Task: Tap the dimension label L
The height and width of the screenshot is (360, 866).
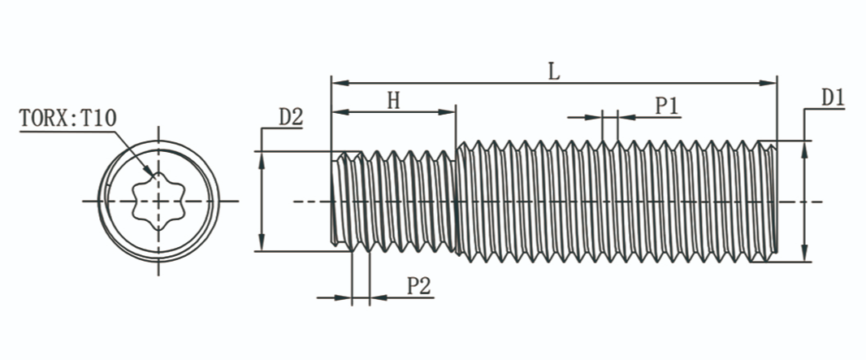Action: tap(553, 72)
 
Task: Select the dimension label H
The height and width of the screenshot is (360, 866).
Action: tap(393, 100)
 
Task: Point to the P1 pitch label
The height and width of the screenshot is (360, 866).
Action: tap(668, 106)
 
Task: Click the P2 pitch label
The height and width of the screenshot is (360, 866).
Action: tap(418, 286)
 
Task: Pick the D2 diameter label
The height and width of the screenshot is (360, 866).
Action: tap(291, 117)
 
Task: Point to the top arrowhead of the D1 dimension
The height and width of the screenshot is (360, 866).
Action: tap(804, 148)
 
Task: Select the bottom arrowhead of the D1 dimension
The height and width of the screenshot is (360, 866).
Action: tap(804, 254)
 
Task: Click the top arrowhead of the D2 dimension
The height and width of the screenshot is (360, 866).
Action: tap(262, 158)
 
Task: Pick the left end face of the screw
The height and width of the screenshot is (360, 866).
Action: tap(333, 201)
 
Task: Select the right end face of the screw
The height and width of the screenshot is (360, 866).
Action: tap(777, 201)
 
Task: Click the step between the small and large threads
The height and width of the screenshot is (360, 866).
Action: tap(456, 201)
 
